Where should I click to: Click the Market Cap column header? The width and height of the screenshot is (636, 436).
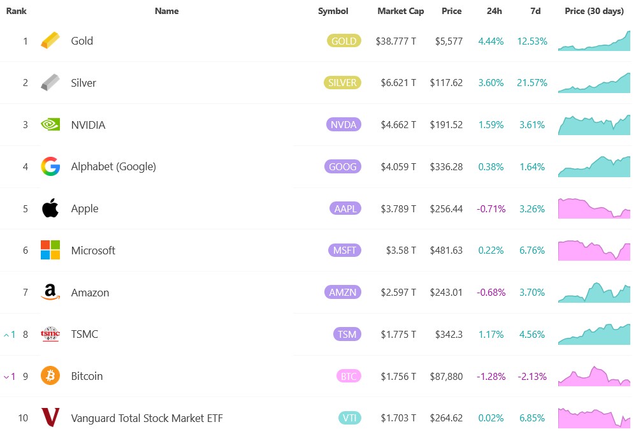click(x=400, y=11)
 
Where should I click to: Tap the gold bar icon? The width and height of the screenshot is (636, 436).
click(x=50, y=41)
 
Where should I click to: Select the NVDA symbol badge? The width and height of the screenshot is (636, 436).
click(x=343, y=125)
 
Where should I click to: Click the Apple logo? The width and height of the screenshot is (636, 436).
click(x=50, y=208)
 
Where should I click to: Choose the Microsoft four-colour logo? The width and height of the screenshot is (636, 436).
click(x=50, y=251)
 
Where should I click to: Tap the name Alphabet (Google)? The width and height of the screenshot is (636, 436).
click(x=113, y=166)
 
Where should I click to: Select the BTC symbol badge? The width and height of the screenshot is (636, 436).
click(x=349, y=376)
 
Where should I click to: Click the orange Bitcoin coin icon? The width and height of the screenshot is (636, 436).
click(x=50, y=376)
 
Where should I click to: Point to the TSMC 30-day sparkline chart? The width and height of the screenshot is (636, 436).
click(x=594, y=334)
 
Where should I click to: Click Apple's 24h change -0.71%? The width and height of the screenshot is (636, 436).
click(x=491, y=208)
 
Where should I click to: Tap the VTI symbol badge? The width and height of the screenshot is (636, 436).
click(x=349, y=418)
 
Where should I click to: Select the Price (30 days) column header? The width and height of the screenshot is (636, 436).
click(x=594, y=11)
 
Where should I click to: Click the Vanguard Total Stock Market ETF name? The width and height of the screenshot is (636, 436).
click(x=147, y=418)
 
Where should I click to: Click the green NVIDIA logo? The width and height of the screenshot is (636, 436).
click(x=50, y=125)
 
